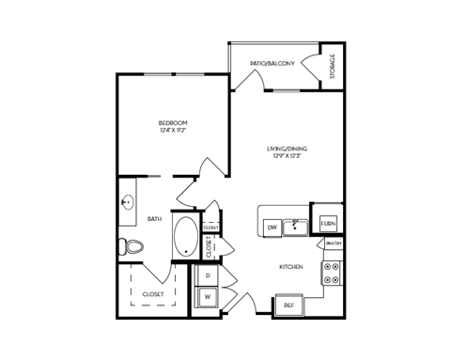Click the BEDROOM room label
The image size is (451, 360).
pos(173,122)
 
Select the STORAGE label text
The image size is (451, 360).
pos(334,68)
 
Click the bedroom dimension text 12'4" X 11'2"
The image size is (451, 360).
pos(173,131)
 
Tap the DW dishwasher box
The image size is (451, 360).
pos(271,226)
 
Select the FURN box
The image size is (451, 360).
pos(328,224)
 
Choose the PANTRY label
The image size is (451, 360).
pos(333,244)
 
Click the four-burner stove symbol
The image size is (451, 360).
pos(333,273)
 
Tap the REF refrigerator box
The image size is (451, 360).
pos(287,305)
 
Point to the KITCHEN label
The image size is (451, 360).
pos(290,267)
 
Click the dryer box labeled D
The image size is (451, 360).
pos(207,275)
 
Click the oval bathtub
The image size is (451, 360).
pos(185,238)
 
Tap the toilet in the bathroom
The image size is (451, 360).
pos(132,247)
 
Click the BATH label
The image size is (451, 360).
pos(155,219)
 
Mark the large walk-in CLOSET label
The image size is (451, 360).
pos(152,293)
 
